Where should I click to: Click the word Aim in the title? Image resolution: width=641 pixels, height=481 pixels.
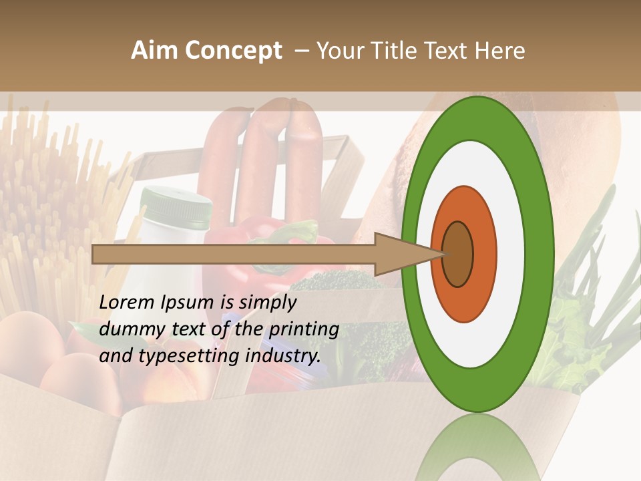coord(154,51)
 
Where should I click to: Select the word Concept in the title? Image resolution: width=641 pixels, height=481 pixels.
coord(233,51)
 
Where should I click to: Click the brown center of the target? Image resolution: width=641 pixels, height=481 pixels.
coord(458,254)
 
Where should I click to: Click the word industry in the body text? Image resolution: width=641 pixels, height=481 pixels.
coord(282,356)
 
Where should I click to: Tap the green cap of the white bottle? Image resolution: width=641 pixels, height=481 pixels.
coord(176,204)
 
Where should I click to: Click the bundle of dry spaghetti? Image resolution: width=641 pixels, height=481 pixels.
coord(47,200)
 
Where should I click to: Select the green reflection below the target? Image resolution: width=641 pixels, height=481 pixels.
coord(477,448)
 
